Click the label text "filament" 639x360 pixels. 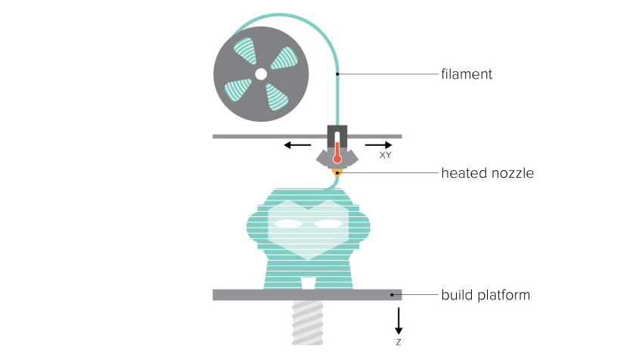(x=467, y=74)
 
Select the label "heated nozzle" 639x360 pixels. (x=488, y=173)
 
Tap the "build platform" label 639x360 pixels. (x=485, y=295)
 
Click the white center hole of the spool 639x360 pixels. (x=261, y=74)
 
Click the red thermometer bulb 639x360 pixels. (x=337, y=159)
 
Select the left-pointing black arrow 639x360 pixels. (x=297, y=144)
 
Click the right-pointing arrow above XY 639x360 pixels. (x=378, y=144)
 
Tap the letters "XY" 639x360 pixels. (x=385, y=155)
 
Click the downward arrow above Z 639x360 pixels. (x=399, y=321)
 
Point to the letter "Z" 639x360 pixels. (x=399, y=342)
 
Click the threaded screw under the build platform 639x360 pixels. (x=308, y=322)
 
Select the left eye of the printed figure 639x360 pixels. (x=287, y=223)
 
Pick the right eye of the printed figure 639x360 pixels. (x=328, y=223)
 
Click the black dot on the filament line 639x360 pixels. (x=337, y=74)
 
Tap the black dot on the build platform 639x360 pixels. (x=392, y=295)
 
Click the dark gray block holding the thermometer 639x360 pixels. (x=337, y=137)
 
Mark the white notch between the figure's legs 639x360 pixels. (x=308, y=283)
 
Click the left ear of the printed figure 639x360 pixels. (x=253, y=225)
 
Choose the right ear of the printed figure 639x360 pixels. (x=364, y=225)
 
